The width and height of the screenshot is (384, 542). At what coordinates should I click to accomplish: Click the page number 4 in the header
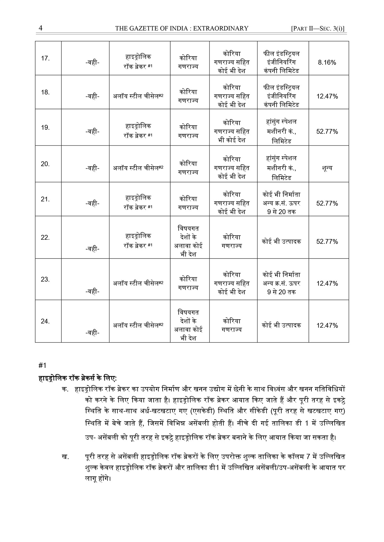coord(41,28)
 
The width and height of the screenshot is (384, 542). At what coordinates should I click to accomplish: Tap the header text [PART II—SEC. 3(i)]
coord(318,28)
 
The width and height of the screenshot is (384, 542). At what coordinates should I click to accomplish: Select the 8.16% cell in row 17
coord(327,63)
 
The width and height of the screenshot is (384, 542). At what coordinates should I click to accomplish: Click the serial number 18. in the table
coord(45,92)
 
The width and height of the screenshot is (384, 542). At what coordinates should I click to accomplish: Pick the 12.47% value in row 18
coord(327,96)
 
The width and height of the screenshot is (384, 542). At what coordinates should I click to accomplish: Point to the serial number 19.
coord(45,128)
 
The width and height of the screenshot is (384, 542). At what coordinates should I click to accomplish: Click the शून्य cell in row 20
coord(327,168)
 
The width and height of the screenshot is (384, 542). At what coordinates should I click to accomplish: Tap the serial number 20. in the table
coord(45,164)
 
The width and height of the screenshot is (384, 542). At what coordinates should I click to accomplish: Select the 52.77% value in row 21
coord(327,203)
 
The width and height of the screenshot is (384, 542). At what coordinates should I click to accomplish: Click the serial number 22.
coord(45,238)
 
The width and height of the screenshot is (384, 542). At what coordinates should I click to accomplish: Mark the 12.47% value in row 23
coord(327,283)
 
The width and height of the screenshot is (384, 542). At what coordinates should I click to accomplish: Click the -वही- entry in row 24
coord(92,333)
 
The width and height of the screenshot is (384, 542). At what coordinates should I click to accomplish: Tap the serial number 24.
coord(45,321)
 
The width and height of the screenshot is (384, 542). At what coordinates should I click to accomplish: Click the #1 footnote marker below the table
coord(43,365)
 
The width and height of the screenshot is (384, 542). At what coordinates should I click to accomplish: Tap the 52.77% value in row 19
coord(327,132)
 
